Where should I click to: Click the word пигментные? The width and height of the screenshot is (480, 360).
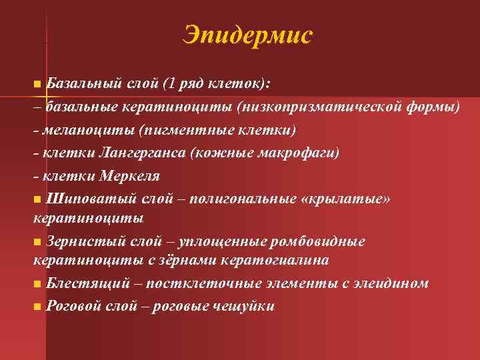(x=177, y=129)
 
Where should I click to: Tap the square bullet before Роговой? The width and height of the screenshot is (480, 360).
(x=37, y=307)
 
